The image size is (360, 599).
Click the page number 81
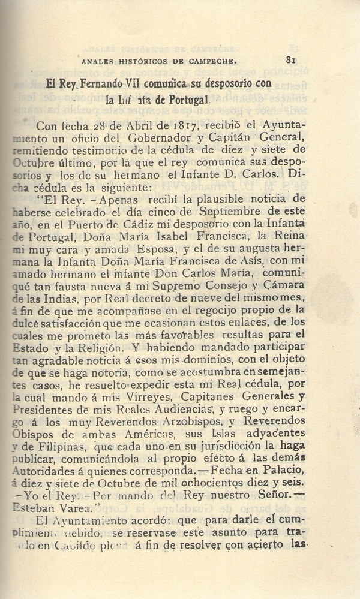tap(292, 59)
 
